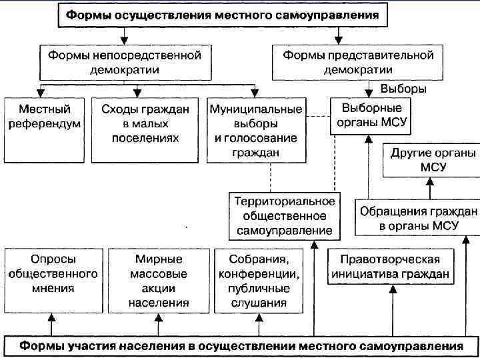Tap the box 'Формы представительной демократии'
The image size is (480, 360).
click(x=358, y=62)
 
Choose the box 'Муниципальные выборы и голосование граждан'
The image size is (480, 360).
click(x=255, y=130)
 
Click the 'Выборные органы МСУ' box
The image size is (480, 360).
click(x=371, y=115)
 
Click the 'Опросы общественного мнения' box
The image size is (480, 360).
click(x=51, y=281)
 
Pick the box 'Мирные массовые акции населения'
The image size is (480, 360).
click(x=158, y=281)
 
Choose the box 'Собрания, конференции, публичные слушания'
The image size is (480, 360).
click(x=259, y=281)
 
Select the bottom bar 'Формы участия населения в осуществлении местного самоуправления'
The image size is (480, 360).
click(x=241, y=346)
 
